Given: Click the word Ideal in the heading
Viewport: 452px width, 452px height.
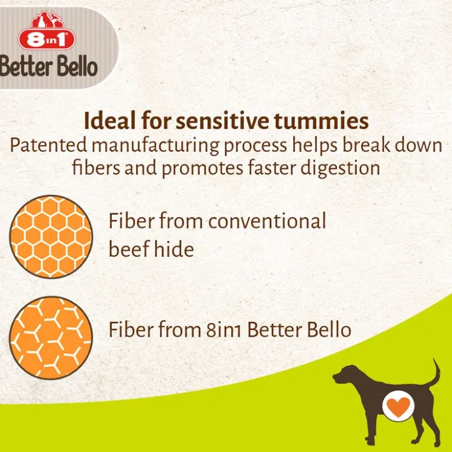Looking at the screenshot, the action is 110,121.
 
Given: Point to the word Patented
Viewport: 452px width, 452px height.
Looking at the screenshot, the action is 49,145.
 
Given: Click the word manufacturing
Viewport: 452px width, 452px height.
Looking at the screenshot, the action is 155,146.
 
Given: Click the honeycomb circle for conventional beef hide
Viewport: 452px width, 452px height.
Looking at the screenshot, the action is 51,237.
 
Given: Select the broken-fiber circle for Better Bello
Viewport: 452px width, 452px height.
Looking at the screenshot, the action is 51,338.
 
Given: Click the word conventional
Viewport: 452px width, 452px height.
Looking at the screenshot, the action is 267,221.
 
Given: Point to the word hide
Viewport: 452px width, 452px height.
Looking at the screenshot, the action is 174,248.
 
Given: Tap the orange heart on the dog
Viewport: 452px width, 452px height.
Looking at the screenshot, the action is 398,406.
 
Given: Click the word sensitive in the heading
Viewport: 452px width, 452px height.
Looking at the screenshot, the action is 223,121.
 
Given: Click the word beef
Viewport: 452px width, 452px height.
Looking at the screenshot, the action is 129,248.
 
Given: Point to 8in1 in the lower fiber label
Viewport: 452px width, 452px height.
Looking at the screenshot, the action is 224,330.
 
